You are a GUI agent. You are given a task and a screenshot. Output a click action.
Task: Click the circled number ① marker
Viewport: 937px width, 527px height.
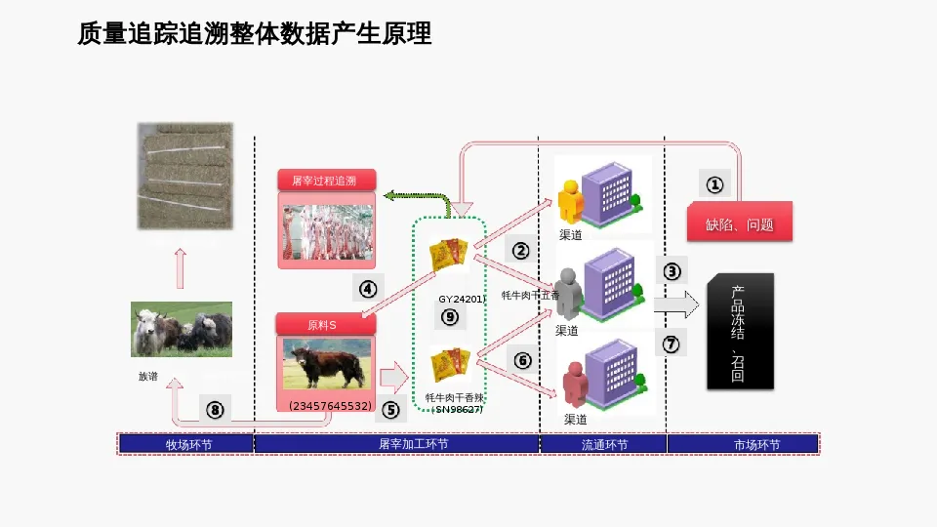(x=714, y=183)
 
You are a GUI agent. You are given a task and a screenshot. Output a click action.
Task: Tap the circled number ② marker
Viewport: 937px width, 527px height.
(x=521, y=250)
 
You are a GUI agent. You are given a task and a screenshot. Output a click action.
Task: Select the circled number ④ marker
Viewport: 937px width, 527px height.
(x=367, y=288)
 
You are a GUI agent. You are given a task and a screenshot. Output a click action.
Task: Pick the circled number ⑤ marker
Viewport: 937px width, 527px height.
(x=390, y=410)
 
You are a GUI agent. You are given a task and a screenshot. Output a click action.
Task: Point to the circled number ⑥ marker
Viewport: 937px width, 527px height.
(x=522, y=360)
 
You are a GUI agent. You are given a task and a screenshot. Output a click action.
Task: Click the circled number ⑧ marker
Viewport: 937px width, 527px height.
(x=214, y=410)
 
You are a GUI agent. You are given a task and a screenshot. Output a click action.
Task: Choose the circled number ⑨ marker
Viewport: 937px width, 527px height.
(x=449, y=316)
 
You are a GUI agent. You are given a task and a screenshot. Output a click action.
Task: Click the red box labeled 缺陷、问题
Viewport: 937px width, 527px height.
(x=739, y=223)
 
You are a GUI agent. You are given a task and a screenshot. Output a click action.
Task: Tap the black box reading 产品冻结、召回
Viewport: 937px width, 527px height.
(x=739, y=332)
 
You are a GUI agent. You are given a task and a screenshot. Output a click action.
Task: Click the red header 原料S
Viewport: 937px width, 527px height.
(x=322, y=325)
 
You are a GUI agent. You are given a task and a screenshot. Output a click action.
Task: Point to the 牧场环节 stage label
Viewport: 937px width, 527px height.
(x=186, y=444)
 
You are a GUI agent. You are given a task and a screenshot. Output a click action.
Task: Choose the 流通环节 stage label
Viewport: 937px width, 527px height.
(x=603, y=444)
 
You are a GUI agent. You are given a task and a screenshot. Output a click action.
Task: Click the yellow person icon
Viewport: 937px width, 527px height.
(x=569, y=200)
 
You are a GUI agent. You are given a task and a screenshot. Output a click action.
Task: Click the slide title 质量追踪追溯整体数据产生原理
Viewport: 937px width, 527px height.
(x=255, y=35)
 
